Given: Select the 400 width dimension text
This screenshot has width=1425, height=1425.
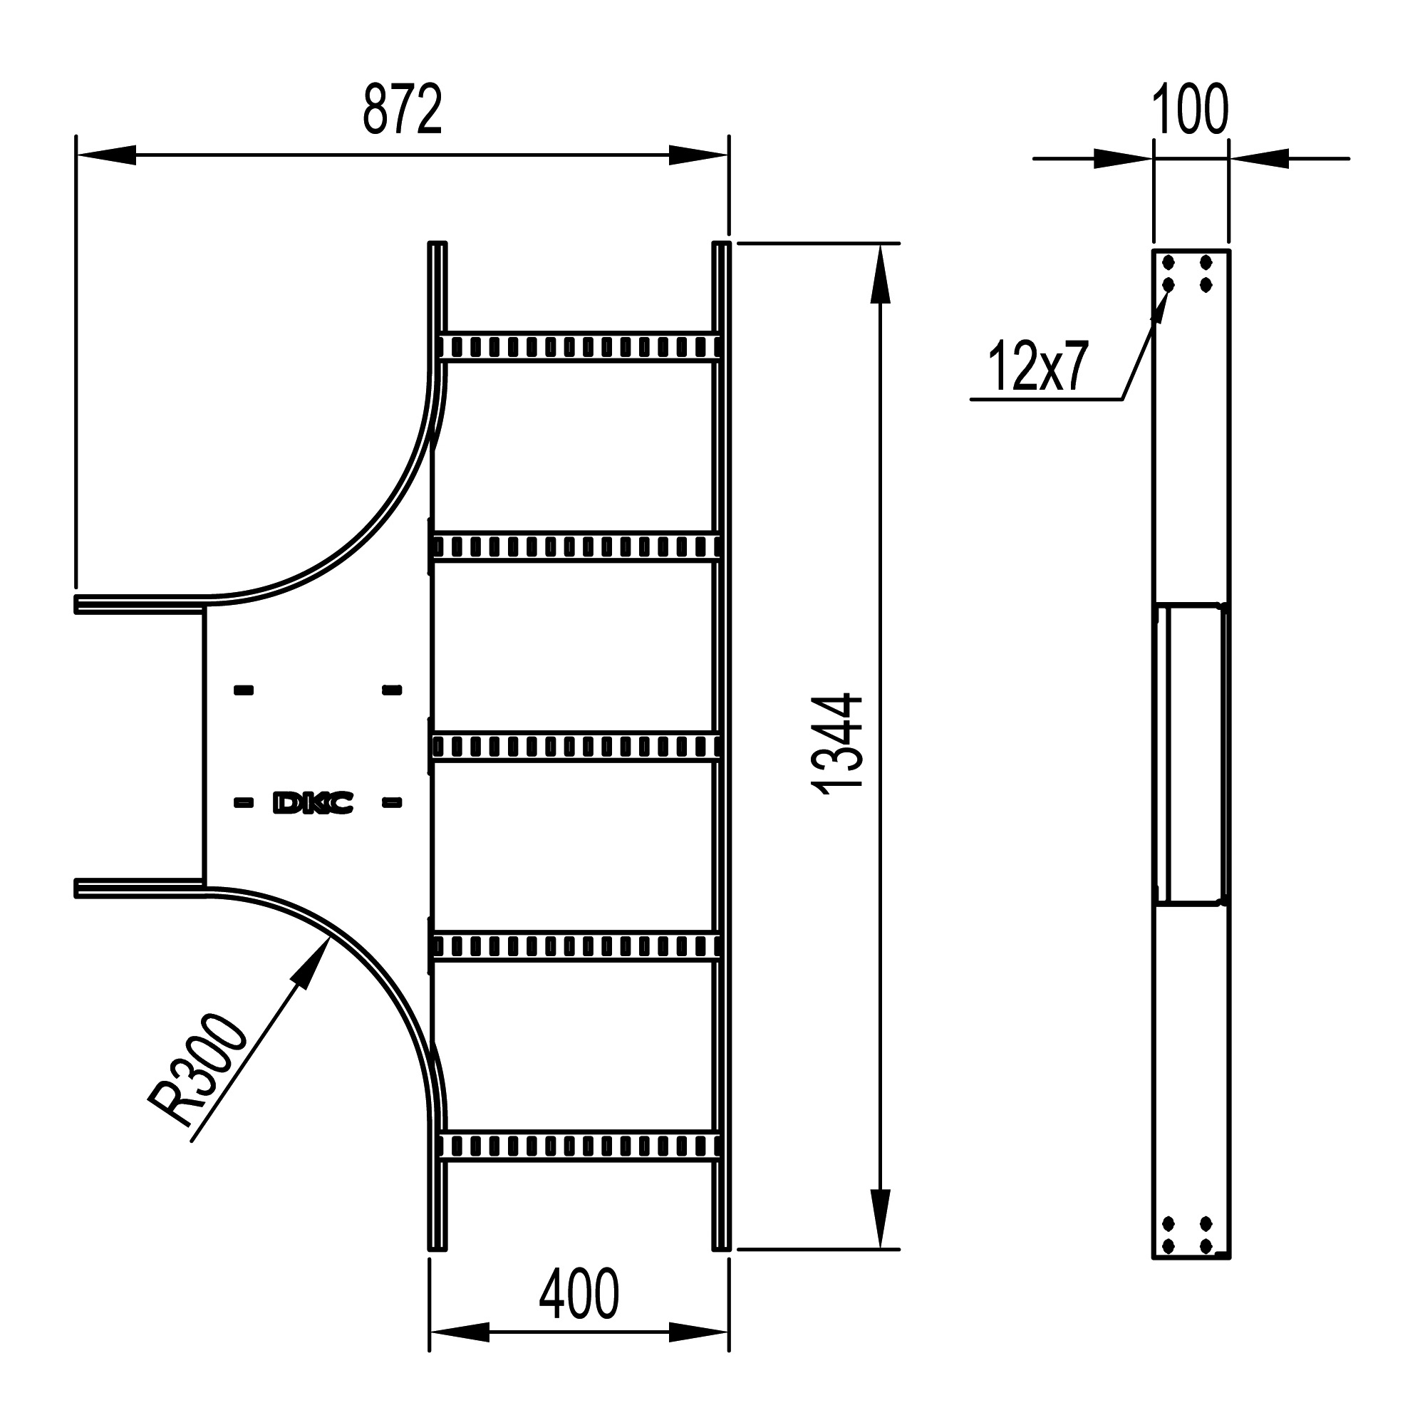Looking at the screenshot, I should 579,1295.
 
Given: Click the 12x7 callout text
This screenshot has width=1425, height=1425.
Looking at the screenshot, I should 1038,366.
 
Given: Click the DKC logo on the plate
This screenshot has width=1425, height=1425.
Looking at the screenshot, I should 313,803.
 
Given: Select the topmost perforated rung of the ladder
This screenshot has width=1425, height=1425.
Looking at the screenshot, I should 579,346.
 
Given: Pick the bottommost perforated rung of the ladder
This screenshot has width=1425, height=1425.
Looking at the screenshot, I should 579,1146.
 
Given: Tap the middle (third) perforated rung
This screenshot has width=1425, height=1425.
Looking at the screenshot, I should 579,747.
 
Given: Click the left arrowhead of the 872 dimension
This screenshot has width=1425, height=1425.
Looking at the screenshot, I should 107,155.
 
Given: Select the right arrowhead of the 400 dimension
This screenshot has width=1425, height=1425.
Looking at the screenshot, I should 698,1332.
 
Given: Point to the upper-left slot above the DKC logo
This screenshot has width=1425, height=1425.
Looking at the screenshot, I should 244,690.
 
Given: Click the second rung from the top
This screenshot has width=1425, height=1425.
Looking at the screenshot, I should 579,546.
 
